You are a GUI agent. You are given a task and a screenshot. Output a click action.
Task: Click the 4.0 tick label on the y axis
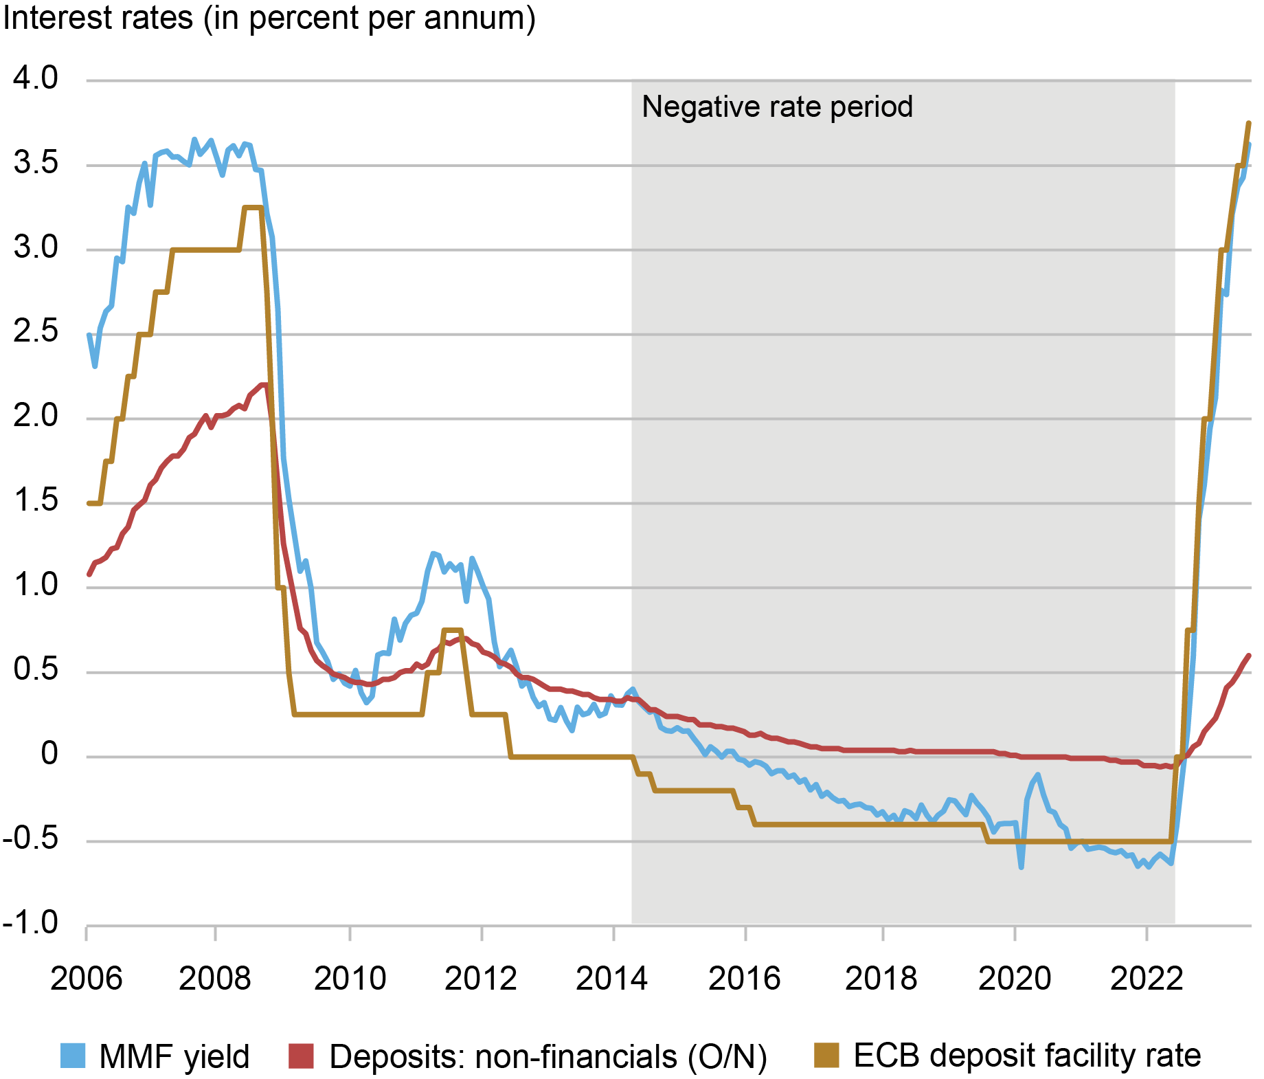[36, 78]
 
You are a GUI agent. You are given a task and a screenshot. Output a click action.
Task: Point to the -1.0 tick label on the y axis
[31, 922]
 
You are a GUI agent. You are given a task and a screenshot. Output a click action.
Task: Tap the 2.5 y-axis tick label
[36, 331]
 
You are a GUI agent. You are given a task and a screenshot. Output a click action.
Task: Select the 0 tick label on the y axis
[49, 754]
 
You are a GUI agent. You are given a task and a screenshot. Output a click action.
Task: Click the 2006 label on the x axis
[86, 978]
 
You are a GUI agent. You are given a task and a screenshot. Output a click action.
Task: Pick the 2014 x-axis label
[611, 978]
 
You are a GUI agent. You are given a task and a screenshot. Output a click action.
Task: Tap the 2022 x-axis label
[1147, 978]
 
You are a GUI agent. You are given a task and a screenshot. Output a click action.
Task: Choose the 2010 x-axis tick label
[350, 978]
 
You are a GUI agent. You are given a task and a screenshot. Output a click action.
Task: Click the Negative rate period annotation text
[777, 107]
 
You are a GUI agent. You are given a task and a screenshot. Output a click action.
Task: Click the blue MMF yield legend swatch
[73, 1056]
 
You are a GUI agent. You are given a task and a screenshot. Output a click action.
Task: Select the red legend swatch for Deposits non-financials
[301, 1056]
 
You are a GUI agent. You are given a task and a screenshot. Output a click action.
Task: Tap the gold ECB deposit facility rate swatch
[826, 1056]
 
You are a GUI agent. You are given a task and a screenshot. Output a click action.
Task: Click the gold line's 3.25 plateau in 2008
[253, 207]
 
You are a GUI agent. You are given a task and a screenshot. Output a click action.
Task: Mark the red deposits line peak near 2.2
[263, 385]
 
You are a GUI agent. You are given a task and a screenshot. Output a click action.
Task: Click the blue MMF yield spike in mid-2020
[1037, 775]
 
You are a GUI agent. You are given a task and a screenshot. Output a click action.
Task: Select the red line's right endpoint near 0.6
[1249, 656]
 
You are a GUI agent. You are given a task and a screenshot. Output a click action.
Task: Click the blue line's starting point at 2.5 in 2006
[89, 335]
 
